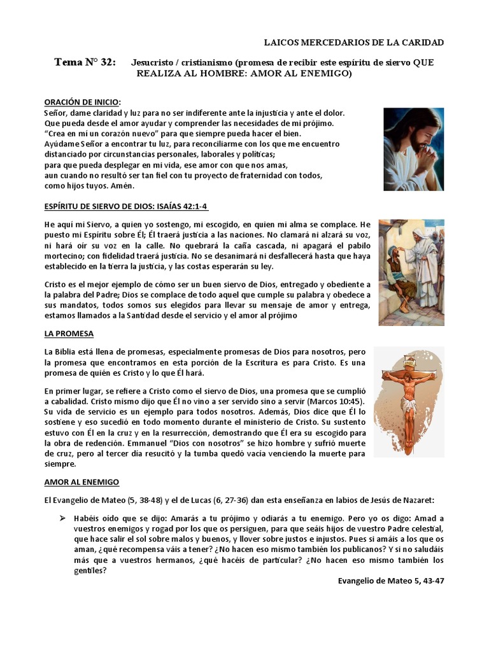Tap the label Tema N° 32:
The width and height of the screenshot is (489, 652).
pyautogui.click(x=85, y=62)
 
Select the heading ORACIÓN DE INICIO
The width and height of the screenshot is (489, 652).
pyautogui.click(x=82, y=103)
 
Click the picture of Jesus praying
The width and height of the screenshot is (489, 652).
pyautogui.click(x=413, y=150)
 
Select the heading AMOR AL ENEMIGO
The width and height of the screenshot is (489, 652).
pyautogui.click(x=81, y=483)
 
